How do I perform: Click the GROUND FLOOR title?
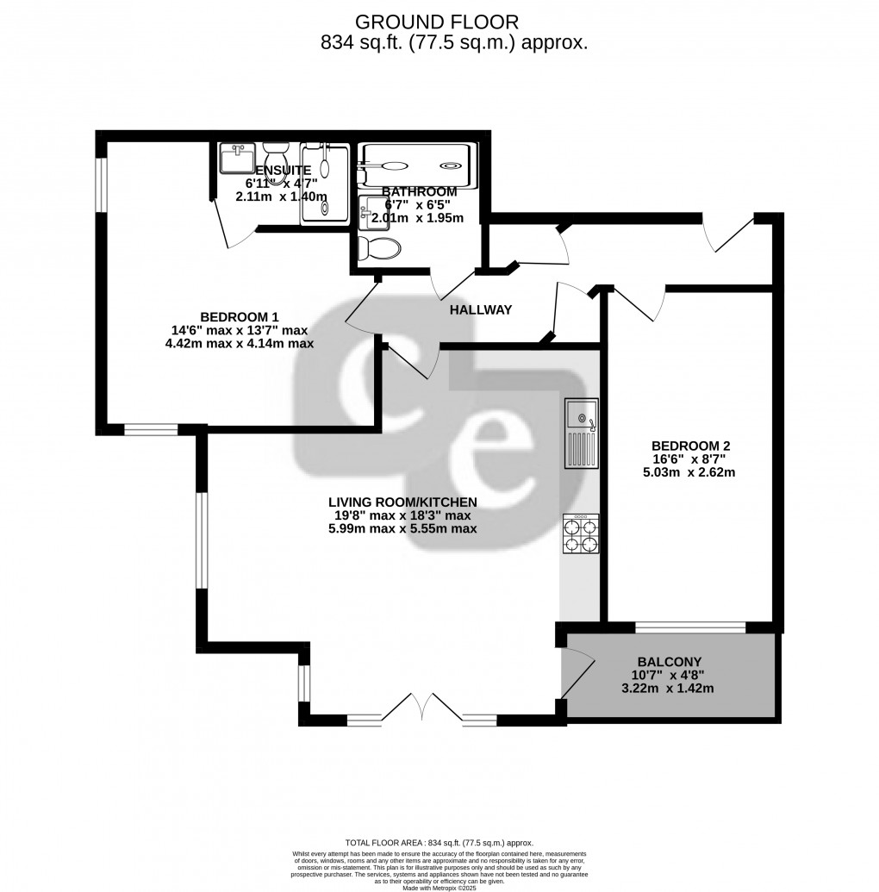pyautogui.click(x=438, y=22)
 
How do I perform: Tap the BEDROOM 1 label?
pyautogui.click(x=240, y=316)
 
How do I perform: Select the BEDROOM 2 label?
pyautogui.click(x=691, y=446)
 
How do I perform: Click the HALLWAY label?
pyautogui.click(x=480, y=310)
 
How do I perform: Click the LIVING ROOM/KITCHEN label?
pyautogui.click(x=402, y=502)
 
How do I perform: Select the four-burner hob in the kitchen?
pyautogui.click(x=582, y=533)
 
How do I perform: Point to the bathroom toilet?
pyautogui.click(x=380, y=248)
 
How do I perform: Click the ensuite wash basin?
pyautogui.click(x=234, y=160)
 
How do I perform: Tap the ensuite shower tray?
pyautogui.click(x=325, y=184)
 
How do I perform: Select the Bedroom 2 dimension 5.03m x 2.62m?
pyautogui.click(x=691, y=473)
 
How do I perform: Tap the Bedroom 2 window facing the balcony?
pyautogui.click(x=691, y=627)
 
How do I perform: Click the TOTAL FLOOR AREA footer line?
pyautogui.click(x=439, y=843)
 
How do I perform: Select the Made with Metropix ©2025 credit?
pyautogui.click(x=439, y=887)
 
